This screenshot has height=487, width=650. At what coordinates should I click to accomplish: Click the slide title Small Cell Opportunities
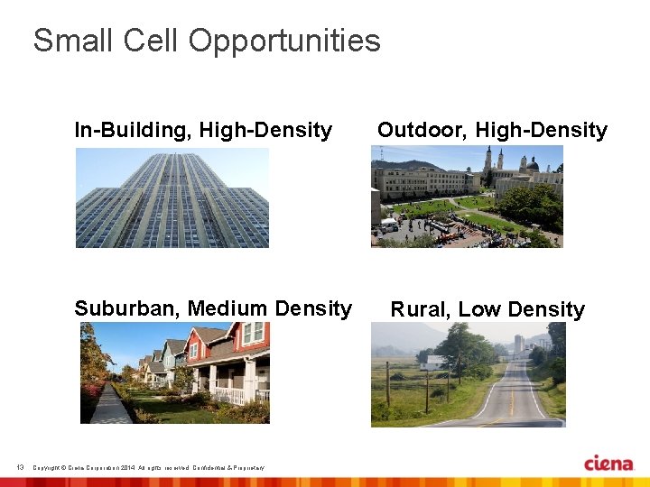coord(207,41)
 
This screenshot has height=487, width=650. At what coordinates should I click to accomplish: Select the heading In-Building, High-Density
coord(203,130)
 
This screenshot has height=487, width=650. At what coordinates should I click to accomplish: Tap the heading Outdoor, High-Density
coord(492,130)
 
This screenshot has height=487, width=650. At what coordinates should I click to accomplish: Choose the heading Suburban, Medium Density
coord(213,308)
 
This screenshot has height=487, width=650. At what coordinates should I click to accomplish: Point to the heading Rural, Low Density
coord(487,309)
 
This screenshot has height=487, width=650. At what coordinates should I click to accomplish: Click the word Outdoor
coord(422,130)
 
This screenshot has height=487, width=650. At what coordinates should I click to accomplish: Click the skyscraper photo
coord(172,198)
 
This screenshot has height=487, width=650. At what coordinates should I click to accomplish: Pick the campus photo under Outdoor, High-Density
coord(467,197)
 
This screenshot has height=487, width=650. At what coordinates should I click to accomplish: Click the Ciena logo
coord(608,464)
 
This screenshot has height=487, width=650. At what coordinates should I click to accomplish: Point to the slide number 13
coord(20,466)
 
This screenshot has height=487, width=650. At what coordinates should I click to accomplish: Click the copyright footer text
coord(148,467)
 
